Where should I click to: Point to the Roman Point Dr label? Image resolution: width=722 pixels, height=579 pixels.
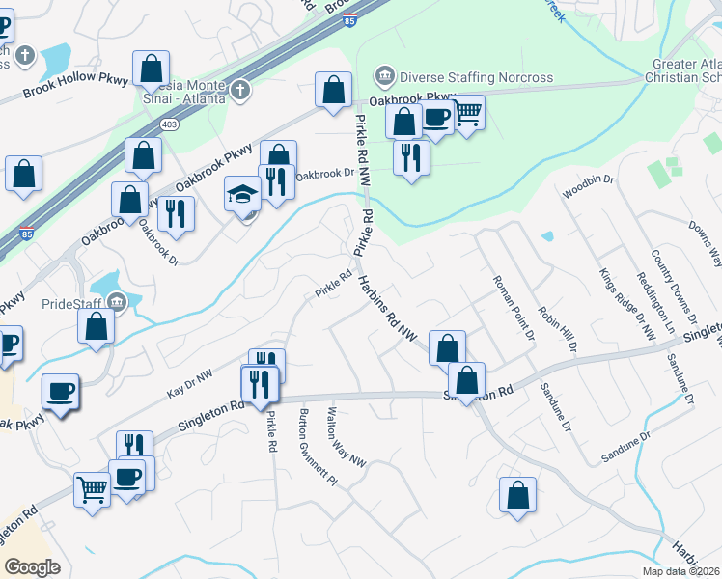[x=513, y=308]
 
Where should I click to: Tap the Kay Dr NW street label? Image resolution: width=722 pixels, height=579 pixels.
[x=189, y=383]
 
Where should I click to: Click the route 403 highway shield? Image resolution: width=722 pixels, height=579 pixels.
[x=170, y=124]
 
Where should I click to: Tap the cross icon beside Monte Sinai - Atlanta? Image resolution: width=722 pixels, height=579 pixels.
[x=239, y=91]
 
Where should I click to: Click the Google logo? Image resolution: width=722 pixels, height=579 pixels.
[x=32, y=566]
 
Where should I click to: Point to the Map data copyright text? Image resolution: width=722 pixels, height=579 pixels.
[x=680, y=571]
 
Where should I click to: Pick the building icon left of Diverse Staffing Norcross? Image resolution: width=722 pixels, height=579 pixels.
[x=385, y=76]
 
